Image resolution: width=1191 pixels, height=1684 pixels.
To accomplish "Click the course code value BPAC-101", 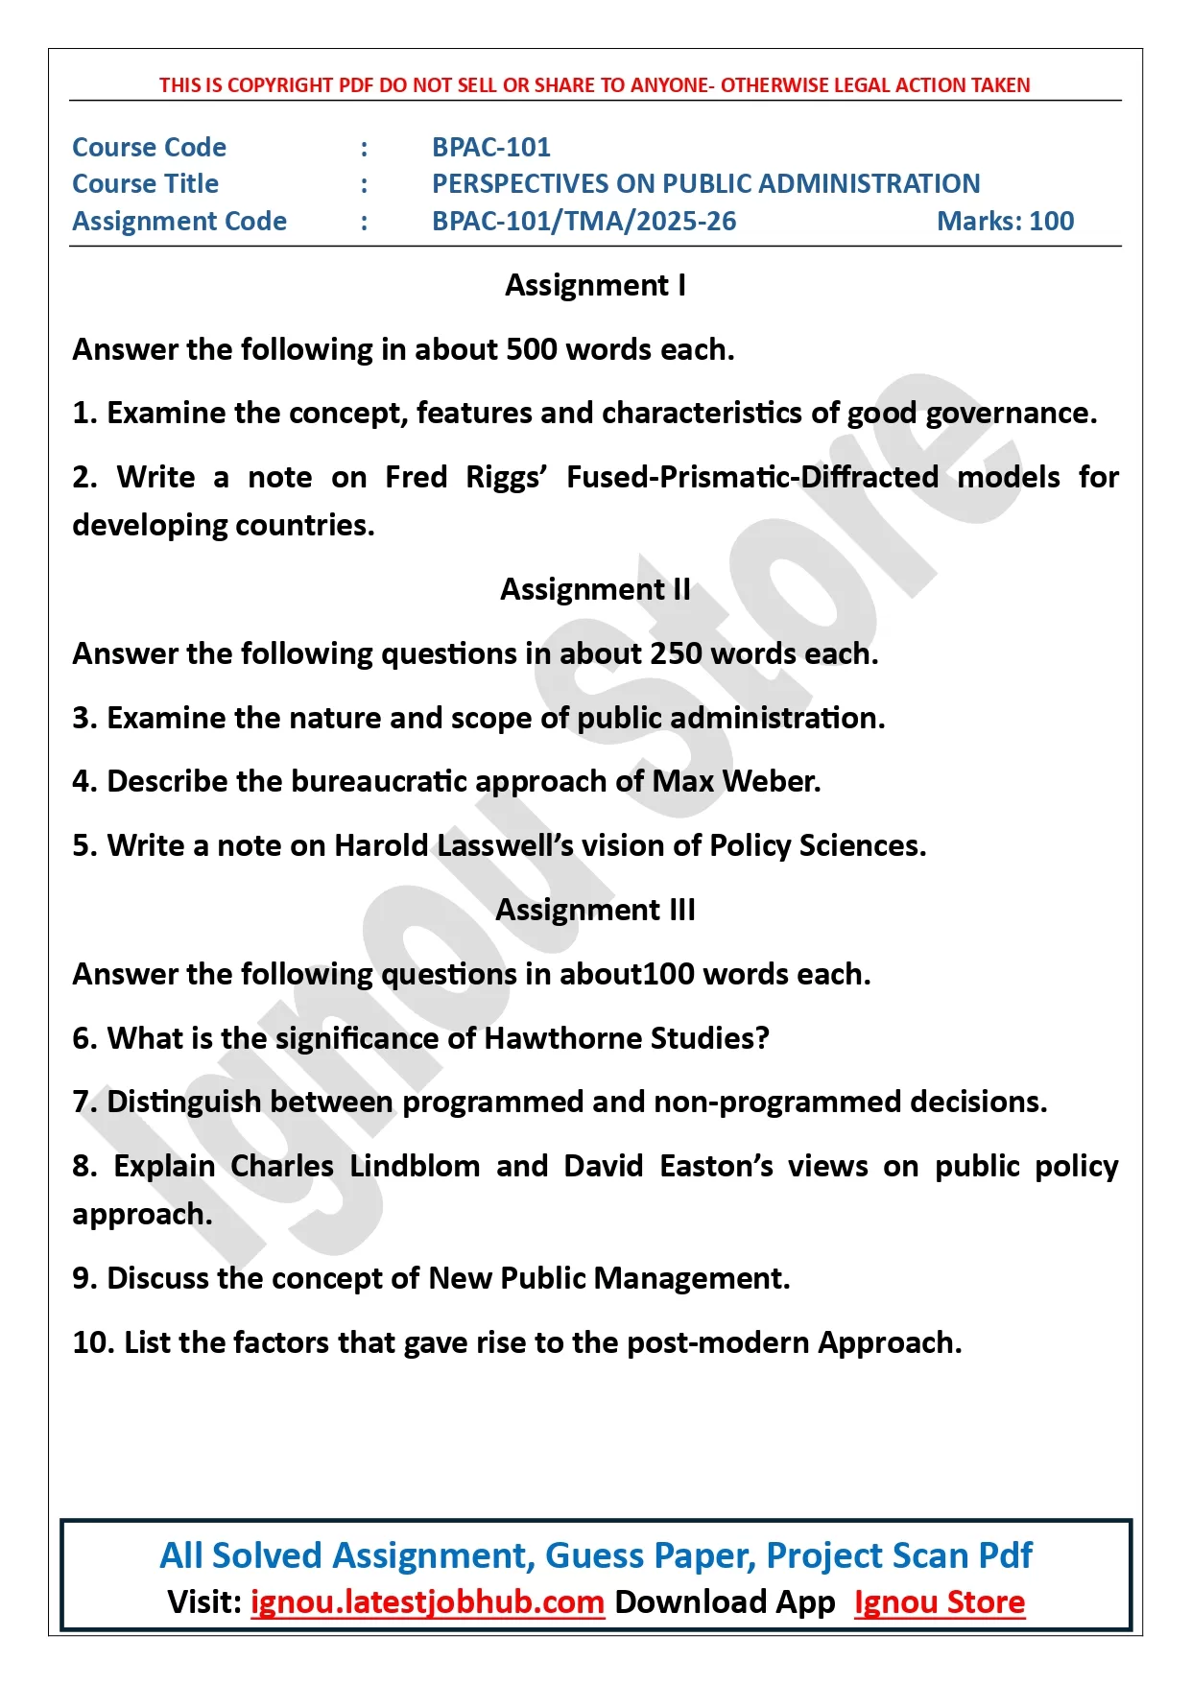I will click(x=490, y=147).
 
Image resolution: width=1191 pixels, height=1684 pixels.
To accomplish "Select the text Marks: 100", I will click(x=1005, y=221).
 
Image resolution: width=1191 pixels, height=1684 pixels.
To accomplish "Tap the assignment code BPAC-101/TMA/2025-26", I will click(x=584, y=221).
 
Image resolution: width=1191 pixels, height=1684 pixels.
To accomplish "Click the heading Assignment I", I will click(x=595, y=285).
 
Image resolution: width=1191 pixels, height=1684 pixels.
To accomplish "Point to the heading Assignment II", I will click(x=595, y=589).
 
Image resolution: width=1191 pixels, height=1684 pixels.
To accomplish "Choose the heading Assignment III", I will click(x=595, y=910).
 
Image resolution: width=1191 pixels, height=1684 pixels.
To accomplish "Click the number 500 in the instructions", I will click(x=531, y=349).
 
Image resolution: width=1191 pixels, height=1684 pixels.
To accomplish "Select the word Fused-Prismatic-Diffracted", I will click(x=751, y=477).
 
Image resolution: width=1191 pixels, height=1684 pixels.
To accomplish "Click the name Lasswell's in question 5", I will click(x=505, y=845).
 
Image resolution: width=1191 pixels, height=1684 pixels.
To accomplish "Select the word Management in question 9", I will click(x=691, y=1278).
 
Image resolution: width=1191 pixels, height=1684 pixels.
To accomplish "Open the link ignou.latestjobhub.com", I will click(x=427, y=1601).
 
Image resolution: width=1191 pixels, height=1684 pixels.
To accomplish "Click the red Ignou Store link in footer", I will click(x=939, y=1601).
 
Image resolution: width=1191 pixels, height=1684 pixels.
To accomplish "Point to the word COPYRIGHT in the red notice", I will click(x=280, y=84).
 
